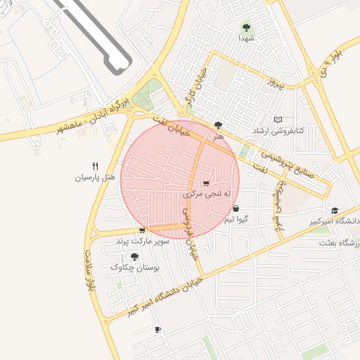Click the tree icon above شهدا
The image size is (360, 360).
point(245,27)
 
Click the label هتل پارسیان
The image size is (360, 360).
point(95,177)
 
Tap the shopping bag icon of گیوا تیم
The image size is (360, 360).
point(235,208)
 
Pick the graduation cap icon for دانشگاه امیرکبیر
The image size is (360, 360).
point(335,210)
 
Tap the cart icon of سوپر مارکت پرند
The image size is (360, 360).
point(142,230)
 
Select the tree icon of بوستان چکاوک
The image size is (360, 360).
point(134,257)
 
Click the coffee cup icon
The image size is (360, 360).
point(157,329)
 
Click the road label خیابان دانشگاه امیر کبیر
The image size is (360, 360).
point(165,294)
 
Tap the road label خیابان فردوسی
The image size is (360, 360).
point(191,236)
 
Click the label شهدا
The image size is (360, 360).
point(245,38)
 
